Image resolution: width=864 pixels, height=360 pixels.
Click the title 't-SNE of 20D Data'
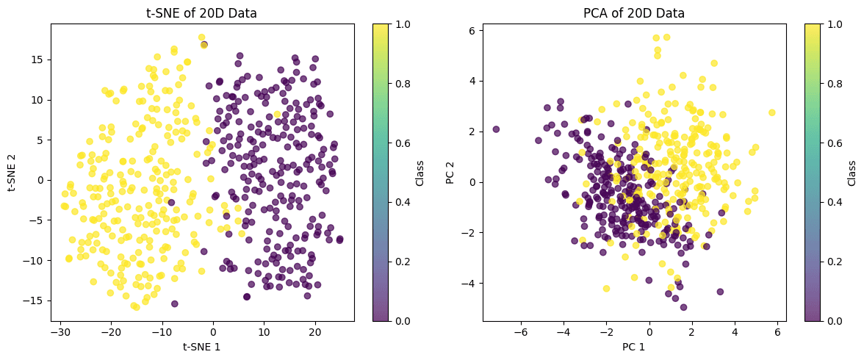(x=202, y=12)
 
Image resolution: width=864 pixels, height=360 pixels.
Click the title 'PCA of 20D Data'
(x=634, y=12)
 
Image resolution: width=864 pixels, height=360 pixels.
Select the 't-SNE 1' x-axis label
(x=202, y=346)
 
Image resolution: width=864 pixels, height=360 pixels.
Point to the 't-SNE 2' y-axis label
(x=13, y=172)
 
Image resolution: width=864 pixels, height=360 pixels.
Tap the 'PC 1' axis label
(x=634, y=346)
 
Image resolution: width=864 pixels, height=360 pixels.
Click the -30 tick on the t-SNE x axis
(x=60, y=333)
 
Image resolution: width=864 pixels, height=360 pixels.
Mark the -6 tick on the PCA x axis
(x=521, y=333)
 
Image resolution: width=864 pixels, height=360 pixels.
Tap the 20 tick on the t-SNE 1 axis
(x=315, y=333)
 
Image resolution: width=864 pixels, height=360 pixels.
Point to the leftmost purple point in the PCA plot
(x=496, y=129)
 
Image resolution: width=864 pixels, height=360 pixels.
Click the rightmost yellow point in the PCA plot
(x=771, y=112)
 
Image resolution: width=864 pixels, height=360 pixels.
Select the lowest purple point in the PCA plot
(x=683, y=307)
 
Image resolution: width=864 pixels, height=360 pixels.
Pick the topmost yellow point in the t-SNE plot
(x=201, y=37)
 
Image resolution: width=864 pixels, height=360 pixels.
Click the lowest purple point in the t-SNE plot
(x=174, y=303)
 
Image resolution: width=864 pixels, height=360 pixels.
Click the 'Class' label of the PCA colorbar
(x=852, y=172)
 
